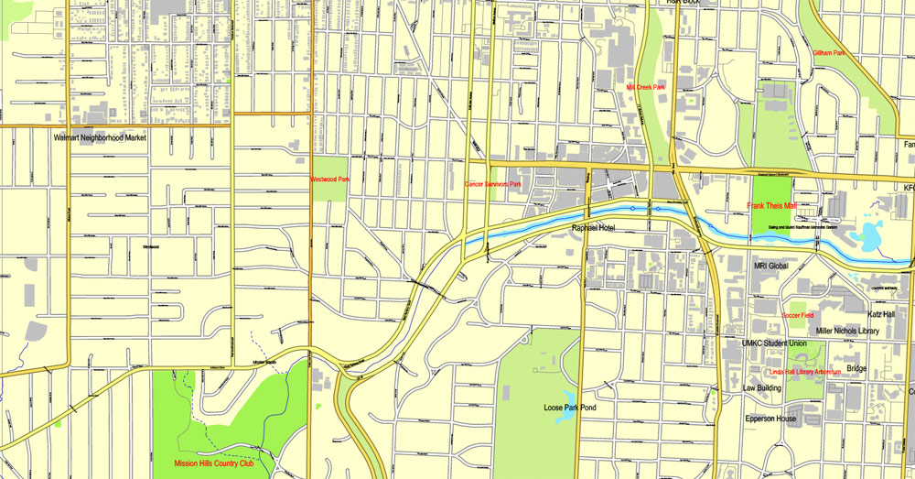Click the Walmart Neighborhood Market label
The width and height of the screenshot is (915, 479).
click(x=100, y=137)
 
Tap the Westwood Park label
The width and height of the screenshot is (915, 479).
click(x=329, y=180)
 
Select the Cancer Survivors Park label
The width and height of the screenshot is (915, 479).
click(x=493, y=184)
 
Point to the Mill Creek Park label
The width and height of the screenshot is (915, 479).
click(x=645, y=87)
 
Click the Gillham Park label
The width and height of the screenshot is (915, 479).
click(x=829, y=53)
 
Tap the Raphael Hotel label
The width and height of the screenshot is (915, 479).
click(x=597, y=227)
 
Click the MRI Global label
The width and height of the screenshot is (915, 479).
click(x=770, y=266)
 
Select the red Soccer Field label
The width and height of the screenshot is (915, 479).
click(x=797, y=315)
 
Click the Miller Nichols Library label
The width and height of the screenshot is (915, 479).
click(x=848, y=331)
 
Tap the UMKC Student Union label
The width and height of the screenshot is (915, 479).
click(x=774, y=343)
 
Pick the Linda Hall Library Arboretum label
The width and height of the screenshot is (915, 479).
click(x=792, y=372)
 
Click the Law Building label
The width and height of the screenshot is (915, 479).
click(x=761, y=387)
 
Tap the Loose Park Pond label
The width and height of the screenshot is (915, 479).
click(x=573, y=406)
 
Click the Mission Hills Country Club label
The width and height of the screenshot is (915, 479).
click(x=213, y=463)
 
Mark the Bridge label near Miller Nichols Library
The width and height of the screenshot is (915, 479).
click(x=856, y=368)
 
